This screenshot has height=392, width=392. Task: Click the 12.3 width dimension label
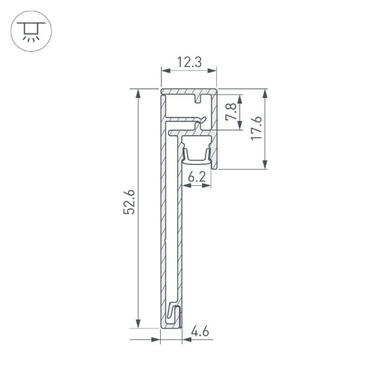pyautogui.click(x=189, y=62)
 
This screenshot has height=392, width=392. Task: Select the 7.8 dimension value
pyautogui.click(x=230, y=111)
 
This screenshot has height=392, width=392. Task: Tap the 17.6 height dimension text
pyautogui.click(x=255, y=128)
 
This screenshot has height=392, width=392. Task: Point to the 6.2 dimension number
pyautogui.click(x=197, y=178)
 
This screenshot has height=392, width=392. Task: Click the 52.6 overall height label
pyautogui.click(x=130, y=203)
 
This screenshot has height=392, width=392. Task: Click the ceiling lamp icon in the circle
pyautogui.click(x=30, y=30)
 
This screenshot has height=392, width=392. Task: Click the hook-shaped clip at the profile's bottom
pyautogui.click(x=174, y=314)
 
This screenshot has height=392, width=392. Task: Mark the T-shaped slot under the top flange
pyautogui.click(x=199, y=101)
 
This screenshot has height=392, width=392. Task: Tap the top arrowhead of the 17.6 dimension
pyautogui.click(x=266, y=93)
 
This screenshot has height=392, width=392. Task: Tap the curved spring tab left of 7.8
pyautogui.click(x=199, y=122)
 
